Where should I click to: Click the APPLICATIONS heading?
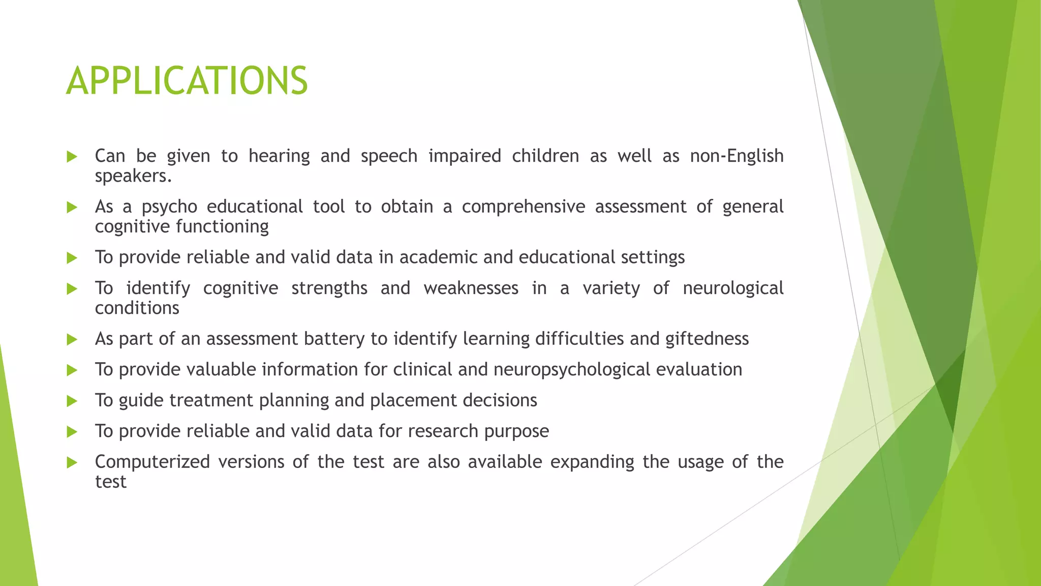tap(187, 81)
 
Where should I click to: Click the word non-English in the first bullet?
tap(736, 156)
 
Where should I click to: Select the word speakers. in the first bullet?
tap(133, 176)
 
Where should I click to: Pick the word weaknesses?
tap(471, 288)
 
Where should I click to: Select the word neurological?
tap(732, 288)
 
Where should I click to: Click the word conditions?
tap(137, 308)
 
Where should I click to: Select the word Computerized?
tap(152, 462)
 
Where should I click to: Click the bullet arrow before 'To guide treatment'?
tap(72, 401)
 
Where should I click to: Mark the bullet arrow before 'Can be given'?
tap(72, 157)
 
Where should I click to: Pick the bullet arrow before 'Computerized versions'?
tap(72, 463)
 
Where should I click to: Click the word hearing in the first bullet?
tap(279, 156)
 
